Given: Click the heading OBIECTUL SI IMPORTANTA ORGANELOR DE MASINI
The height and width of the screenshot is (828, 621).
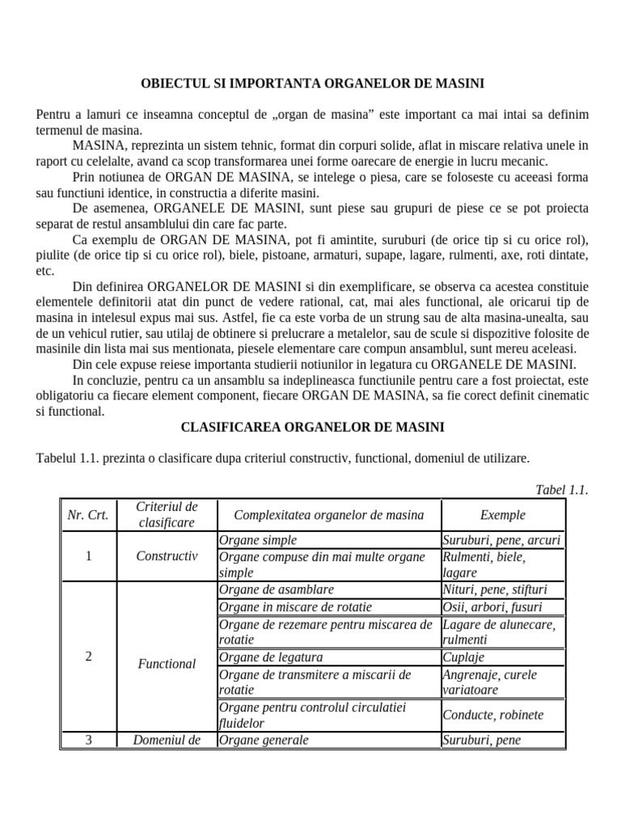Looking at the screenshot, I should point(313,83).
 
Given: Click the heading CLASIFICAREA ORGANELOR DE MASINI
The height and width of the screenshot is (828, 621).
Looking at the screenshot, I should point(312,426).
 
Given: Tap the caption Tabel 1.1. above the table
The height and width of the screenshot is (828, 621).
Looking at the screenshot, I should point(561,490).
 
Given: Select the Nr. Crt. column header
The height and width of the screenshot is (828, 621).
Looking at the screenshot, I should point(89,514).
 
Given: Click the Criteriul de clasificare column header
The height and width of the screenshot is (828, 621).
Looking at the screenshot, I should point(167,514).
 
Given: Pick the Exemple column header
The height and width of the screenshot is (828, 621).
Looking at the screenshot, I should point(502,514).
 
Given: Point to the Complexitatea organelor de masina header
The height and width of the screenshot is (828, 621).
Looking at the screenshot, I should point(327,514).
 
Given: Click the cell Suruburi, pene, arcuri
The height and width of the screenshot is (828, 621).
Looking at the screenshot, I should point(501,539).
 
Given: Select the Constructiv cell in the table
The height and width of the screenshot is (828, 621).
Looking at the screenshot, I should point(167,556).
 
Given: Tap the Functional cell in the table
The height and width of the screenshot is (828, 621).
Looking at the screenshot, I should point(167,663).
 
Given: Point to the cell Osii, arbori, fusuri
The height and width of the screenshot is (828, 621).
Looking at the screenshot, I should point(492,606).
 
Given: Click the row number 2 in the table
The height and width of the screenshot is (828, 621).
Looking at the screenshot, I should point(89,656).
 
